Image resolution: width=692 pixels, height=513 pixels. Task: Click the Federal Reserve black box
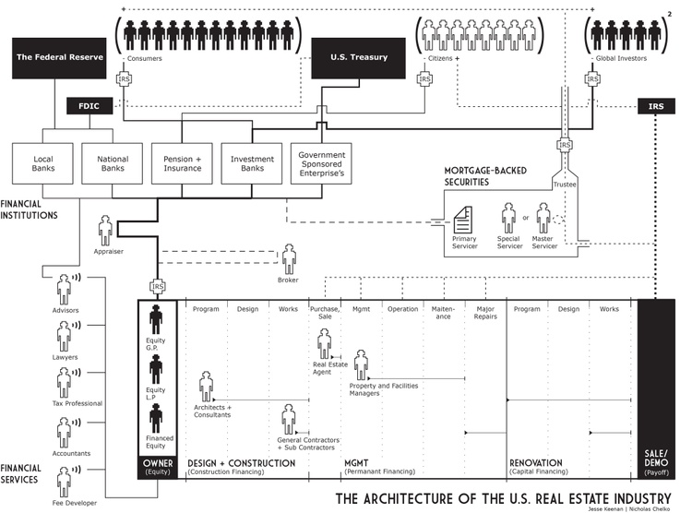(x=59, y=58)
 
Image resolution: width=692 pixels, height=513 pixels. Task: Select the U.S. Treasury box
(x=358, y=58)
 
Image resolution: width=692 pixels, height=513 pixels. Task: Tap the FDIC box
(x=89, y=106)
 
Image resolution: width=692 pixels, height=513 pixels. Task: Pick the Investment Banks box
(x=252, y=163)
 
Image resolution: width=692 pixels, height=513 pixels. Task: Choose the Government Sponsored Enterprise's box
(x=321, y=163)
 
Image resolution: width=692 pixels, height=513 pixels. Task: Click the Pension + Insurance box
(x=182, y=163)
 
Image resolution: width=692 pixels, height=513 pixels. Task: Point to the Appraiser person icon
(x=105, y=230)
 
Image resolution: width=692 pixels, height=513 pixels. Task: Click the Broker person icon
(x=289, y=258)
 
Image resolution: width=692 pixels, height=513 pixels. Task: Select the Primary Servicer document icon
(x=463, y=220)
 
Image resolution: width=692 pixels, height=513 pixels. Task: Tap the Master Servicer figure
(x=543, y=218)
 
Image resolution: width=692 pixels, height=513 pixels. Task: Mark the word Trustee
(x=565, y=185)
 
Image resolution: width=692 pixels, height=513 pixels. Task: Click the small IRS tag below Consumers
(x=124, y=79)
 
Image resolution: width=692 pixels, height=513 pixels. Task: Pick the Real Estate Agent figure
(x=325, y=343)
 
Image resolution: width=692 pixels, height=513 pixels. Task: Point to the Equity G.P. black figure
(x=155, y=319)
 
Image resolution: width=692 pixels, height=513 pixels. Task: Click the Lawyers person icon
(x=64, y=337)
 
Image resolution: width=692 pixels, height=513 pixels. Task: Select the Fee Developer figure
(x=64, y=483)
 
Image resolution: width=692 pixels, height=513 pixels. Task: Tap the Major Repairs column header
(x=485, y=313)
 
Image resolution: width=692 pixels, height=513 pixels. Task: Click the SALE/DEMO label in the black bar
(x=656, y=459)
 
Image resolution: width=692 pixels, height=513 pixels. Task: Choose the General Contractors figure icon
(x=289, y=419)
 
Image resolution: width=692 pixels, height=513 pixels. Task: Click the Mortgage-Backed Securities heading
(x=485, y=176)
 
